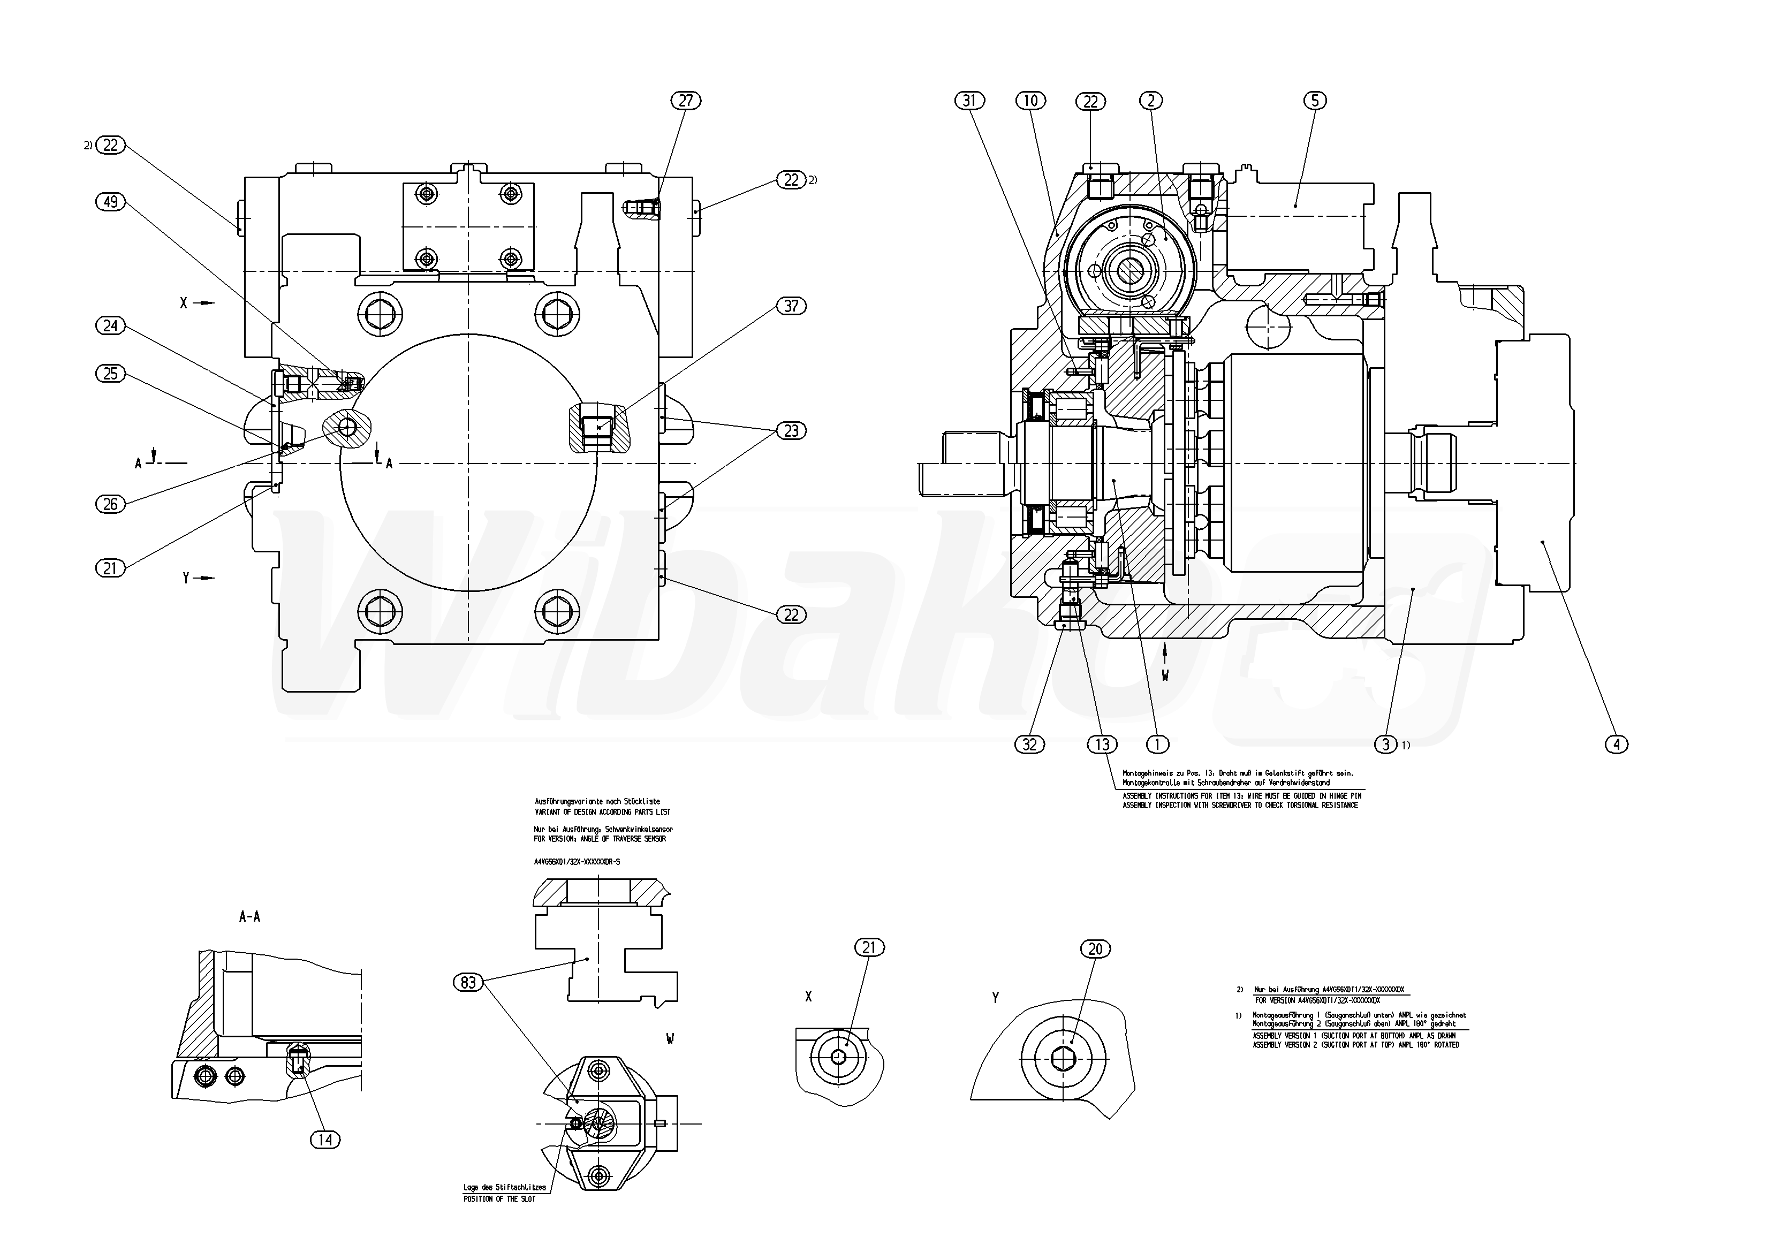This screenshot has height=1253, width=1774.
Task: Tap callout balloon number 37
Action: click(x=791, y=306)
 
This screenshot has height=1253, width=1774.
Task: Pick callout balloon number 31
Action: click(x=971, y=101)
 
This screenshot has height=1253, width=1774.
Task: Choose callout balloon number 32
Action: click(x=1029, y=745)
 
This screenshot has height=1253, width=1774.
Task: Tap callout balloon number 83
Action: click(x=468, y=983)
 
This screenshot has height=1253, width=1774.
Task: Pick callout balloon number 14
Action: click(x=325, y=1140)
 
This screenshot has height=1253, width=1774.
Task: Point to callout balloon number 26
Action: click(x=110, y=504)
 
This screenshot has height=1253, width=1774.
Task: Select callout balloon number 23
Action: click(x=791, y=430)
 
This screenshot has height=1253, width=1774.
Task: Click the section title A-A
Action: click(x=249, y=917)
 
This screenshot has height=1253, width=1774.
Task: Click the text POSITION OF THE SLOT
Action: click(x=499, y=1198)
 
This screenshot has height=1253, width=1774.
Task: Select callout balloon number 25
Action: click(x=110, y=373)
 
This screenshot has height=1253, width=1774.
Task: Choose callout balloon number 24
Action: click(x=110, y=325)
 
